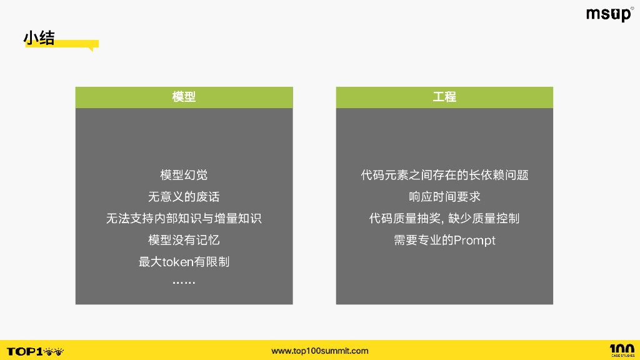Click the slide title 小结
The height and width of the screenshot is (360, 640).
(x=39, y=38)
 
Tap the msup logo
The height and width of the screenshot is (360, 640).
(x=609, y=14)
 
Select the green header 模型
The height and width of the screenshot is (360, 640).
(x=184, y=97)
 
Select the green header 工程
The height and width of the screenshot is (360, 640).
(x=444, y=97)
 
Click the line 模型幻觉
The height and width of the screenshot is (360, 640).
(x=184, y=175)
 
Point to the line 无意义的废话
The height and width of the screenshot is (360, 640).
(x=184, y=197)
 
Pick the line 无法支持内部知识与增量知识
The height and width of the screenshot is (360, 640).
(x=184, y=219)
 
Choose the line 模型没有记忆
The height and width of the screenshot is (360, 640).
(x=184, y=240)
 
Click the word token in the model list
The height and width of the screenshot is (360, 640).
(x=177, y=262)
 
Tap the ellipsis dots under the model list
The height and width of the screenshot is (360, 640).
(x=184, y=283)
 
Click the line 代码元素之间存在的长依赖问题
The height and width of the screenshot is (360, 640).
(x=444, y=175)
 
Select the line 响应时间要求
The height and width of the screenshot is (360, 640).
(x=444, y=197)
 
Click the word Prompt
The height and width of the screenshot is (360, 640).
(x=474, y=241)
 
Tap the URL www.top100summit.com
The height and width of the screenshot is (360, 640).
(x=320, y=351)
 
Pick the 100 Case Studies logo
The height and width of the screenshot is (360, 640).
(x=621, y=351)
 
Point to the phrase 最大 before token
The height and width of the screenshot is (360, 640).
(x=150, y=262)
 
